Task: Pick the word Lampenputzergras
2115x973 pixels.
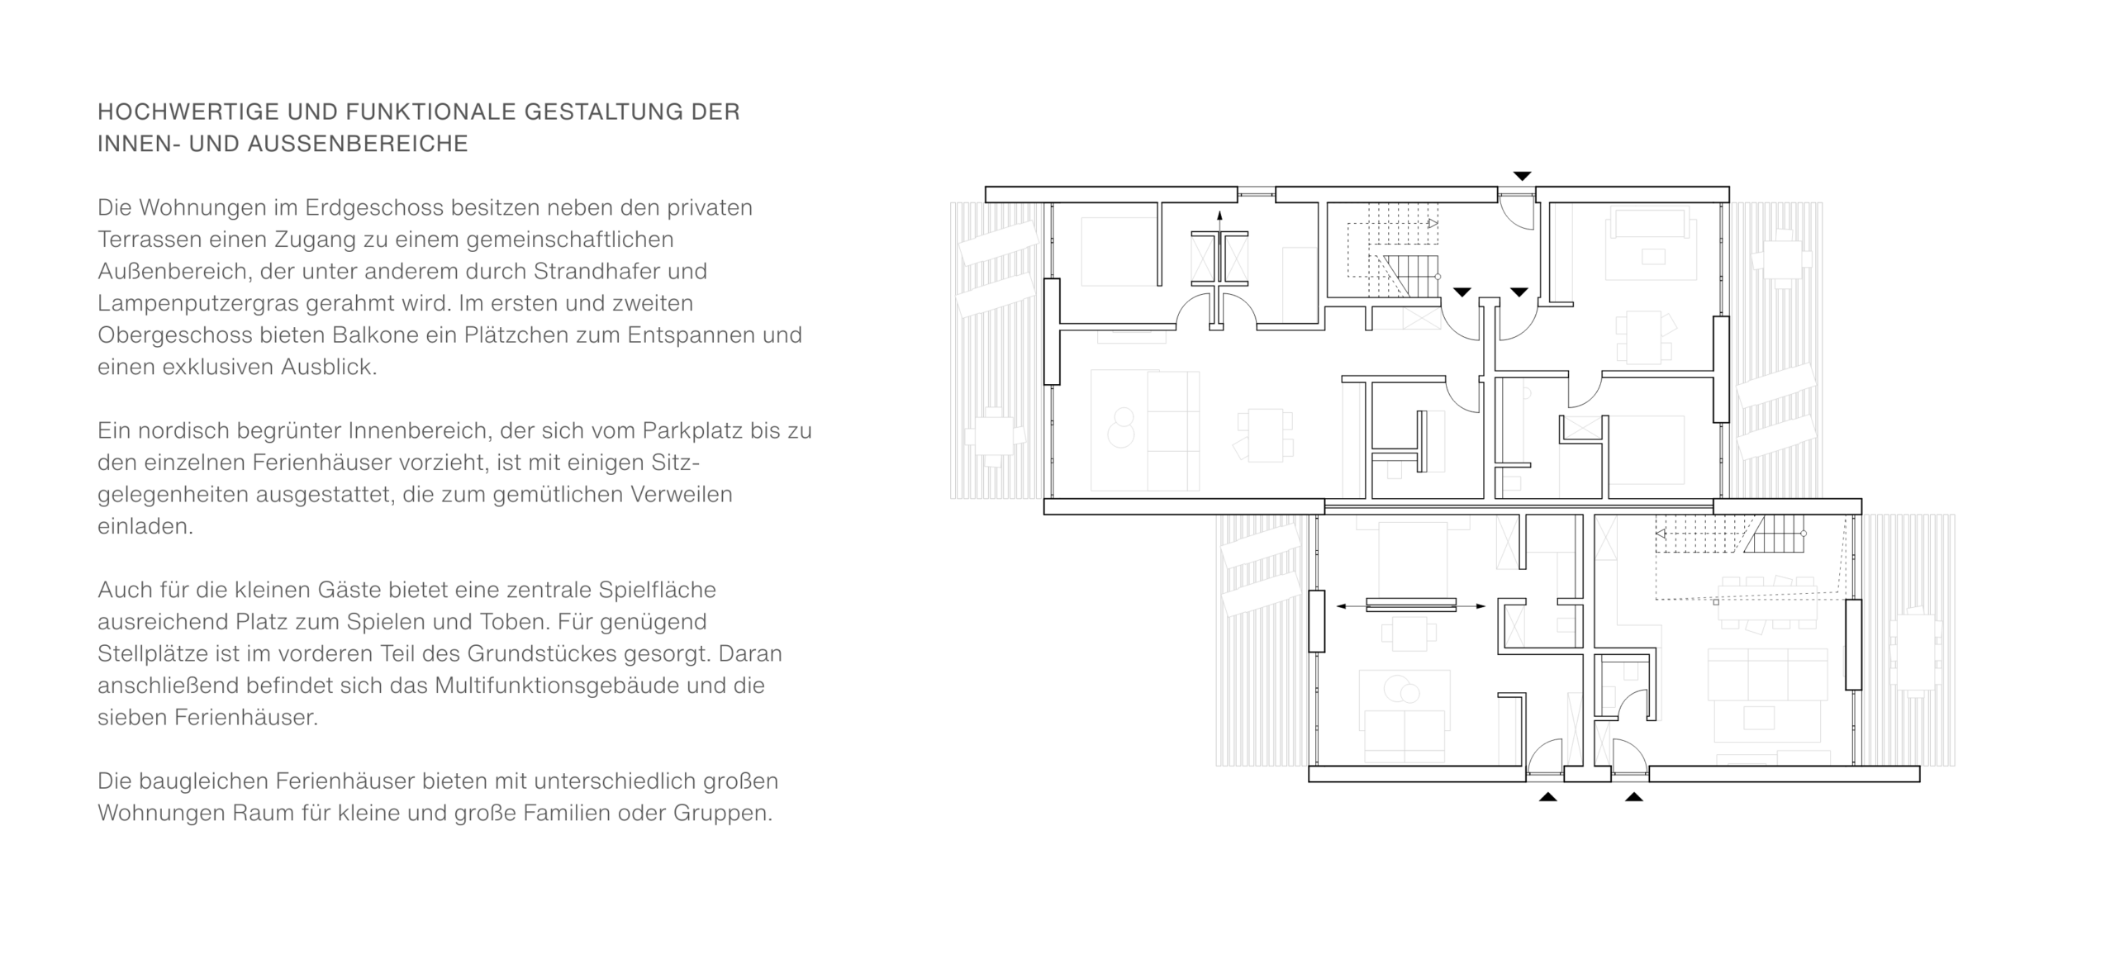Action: [198, 304]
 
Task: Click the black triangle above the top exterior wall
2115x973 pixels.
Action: [1522, 176]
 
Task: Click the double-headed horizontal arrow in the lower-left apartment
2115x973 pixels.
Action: [1411, 606]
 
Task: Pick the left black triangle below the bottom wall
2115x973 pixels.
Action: [1547, 796]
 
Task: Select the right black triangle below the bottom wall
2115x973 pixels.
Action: [1633, 796]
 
